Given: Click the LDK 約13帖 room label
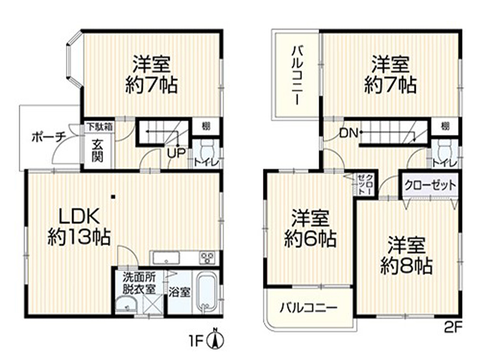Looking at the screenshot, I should coord(79,226).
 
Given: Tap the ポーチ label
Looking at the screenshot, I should coord(48,137).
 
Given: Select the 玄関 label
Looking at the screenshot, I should coord(97,151).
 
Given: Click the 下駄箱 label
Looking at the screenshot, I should coord(98,127).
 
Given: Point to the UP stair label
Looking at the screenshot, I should coord(175,152).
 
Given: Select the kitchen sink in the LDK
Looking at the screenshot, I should coord(167,259).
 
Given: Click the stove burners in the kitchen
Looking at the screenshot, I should coord(208,259).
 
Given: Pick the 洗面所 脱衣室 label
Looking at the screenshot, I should coord(139,283).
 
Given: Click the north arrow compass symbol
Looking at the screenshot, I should coord(215,339).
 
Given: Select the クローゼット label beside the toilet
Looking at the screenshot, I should coord(430,184).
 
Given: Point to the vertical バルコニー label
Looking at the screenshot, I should coord(297,75).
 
